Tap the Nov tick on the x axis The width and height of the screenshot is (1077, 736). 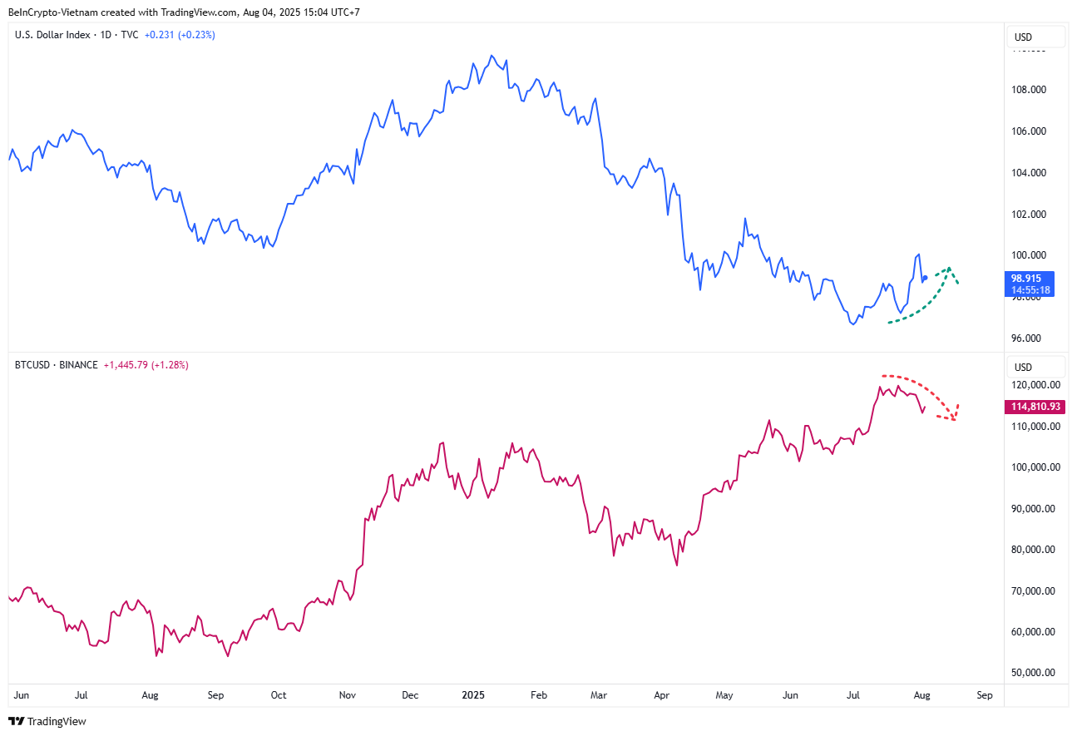pos(348,694)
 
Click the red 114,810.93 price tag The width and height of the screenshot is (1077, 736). pos(1035,407)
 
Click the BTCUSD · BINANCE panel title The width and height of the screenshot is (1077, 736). pos(57,365)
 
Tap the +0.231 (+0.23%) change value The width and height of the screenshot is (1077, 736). pos(180,35)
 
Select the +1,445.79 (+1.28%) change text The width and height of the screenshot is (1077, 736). pos(146,365)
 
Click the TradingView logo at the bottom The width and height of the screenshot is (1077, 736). pos(48,721)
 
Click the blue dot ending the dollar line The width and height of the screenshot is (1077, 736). pos(925,278)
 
